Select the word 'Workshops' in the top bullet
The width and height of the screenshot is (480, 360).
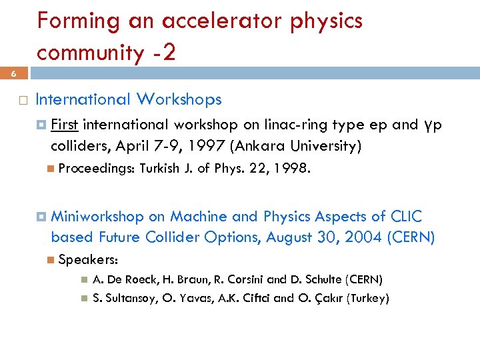[x=179, y=99]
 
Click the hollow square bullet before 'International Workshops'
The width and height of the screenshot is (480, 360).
[x=22, y=100]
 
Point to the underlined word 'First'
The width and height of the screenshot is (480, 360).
[x=65, y=125]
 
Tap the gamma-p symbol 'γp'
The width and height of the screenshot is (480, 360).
[x=432, y=125]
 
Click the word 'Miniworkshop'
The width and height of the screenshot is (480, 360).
[x=97, y=216]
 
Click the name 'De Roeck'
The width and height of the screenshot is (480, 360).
[x=131, y=279]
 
